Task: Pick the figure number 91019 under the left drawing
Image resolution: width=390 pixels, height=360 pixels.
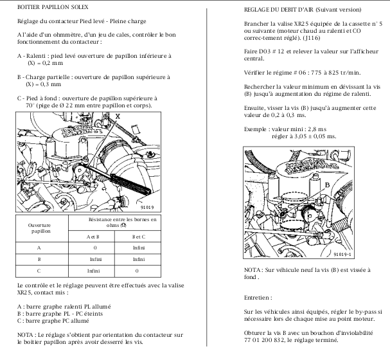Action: pyautogui.click(x=148, y=206)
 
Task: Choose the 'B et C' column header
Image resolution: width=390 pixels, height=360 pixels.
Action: pyautogui.click(x=139, y=236)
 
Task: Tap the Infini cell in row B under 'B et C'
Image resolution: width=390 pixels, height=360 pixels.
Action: pyautogui.click(x=139, y=259)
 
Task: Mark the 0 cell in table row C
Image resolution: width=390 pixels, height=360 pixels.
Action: pyautogui.click(x=139, y=271)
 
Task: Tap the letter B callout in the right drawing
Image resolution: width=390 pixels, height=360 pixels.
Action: pyautogui.click(x=327, y=184)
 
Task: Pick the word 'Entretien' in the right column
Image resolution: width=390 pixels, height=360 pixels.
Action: pyautogui.click(x=258, y=298)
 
